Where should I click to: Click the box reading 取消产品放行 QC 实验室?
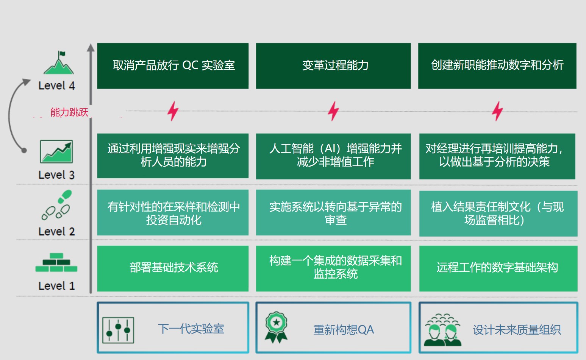[x=173, y=66]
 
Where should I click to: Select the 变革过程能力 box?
[x=333, y=66]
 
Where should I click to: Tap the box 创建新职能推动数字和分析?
[x=497, y=66]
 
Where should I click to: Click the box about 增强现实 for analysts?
[x=173, y=156]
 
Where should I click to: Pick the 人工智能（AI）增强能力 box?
[x=333, y=156]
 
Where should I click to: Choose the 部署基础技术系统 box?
[x=173, y=268]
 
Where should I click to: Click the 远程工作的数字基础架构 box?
[x=498, y=268]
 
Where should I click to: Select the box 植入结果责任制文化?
[x=498, y=214]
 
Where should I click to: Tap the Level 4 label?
[x=56, y=86]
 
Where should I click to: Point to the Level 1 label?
[x=56, y=286]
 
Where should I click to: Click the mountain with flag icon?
[x=59, y=63]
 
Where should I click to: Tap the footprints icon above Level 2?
[x=57, y=204]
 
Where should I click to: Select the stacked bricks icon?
[x=56, y=262]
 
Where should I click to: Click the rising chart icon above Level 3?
[x=56, y=152]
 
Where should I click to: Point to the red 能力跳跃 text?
[x=69, y=112]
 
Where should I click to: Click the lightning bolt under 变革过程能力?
[x=333, y=111]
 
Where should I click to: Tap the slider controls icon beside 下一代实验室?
[x=118, y=330]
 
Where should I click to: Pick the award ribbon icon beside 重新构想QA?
[x=276, y=327]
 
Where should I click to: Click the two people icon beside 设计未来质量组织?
[x=442, y=330]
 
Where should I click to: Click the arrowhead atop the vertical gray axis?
[x=91, y=47]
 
